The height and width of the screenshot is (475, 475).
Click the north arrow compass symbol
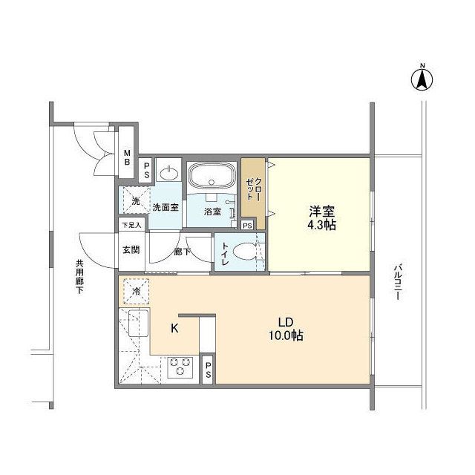pyautogui.click(x=421, y=79)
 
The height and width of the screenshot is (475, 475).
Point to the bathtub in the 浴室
pyautogui.click(x=212, y=178)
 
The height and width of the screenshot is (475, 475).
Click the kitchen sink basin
pyautogui.click(x=135, y=324)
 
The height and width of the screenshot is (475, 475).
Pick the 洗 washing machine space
pyautogui.click(x=135, y=200)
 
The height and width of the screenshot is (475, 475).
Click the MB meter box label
pyautogui.click(x=127, y=157)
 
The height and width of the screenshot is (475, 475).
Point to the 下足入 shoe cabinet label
pyautogui.click(x=131, y=226)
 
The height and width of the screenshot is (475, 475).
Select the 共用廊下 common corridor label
pyautogui.click(x=79, y=275)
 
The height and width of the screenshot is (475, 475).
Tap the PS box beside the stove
pyautogui.click(x=208, y=370)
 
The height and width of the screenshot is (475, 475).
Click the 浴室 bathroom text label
pyautogui.click(x=212, y=212)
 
